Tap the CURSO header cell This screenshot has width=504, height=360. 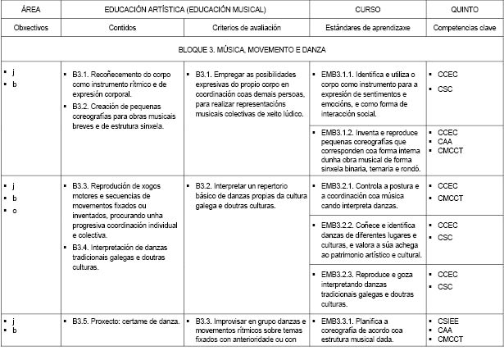(x=367, y=8)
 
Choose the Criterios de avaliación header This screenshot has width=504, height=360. (x=247, y=27)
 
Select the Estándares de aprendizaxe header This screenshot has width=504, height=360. (x=367, y=27)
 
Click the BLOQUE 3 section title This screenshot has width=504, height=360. (x=252, y=51)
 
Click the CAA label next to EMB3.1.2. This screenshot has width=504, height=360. (x=446, y=141)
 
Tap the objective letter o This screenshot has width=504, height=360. (x=14, y=210)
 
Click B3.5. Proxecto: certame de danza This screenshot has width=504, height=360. (x=125, y=321)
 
